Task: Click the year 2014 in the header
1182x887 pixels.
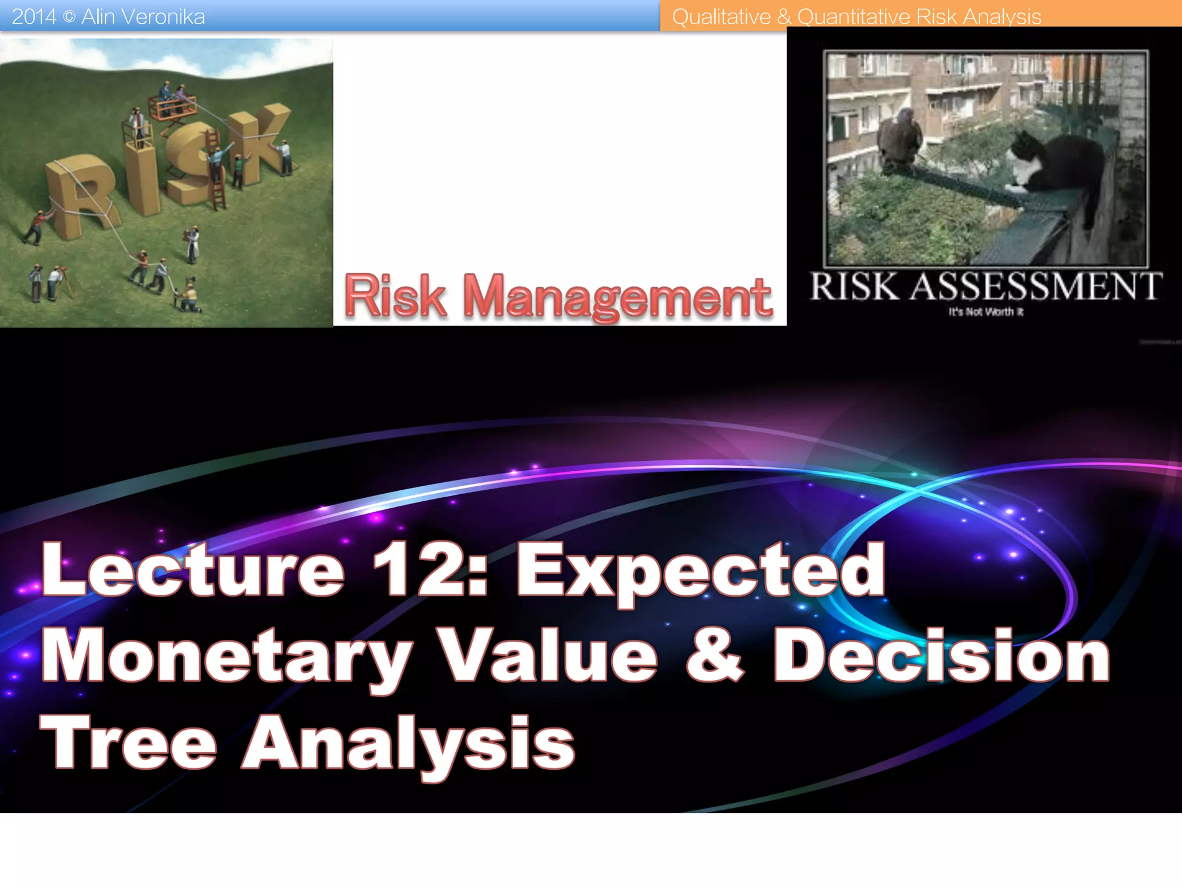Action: tap(33, 17)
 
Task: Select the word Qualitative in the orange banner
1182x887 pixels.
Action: tap(721, 17)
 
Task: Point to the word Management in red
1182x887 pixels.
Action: tap(617, 297)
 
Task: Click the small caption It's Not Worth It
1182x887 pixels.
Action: tap(986, 312)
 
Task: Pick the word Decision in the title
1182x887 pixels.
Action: tap(941, 655)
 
